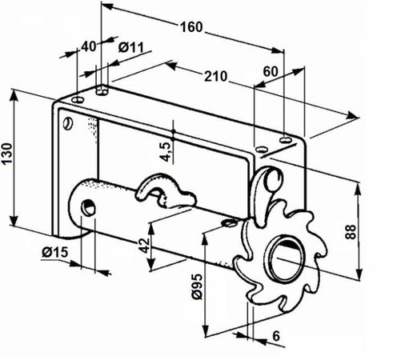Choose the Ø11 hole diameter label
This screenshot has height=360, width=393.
pyautogui.click(x=130, y=47)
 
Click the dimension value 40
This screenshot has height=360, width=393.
pyautogui.click(x=89, y=46)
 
